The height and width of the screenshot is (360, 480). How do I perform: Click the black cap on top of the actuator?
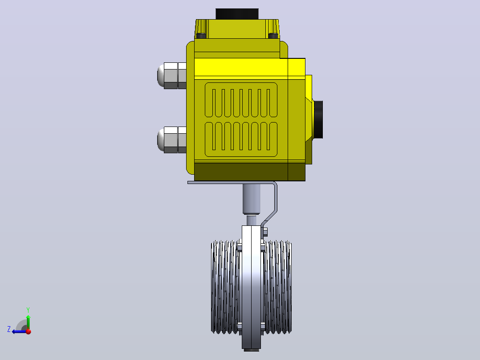(237, 14)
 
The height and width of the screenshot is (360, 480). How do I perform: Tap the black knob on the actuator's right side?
(318, 119)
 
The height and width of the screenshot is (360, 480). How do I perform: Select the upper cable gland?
(172, 76)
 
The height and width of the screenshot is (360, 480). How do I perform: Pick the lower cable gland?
(172, 140)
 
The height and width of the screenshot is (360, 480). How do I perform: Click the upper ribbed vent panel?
(241, 100)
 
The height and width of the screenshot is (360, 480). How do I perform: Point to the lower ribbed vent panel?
(241, 139)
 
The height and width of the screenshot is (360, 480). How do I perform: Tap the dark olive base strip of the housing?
(249, 172)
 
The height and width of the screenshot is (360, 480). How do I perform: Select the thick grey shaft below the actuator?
(251, 199)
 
